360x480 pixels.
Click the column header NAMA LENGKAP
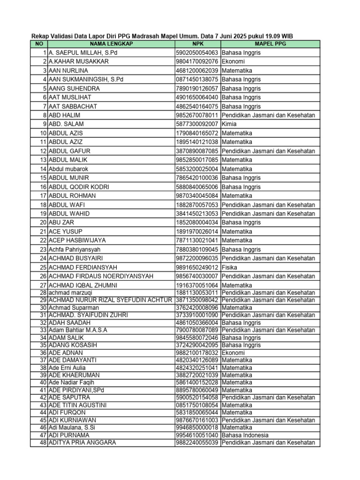111,44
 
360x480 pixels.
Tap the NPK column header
197,44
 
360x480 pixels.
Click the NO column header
39,44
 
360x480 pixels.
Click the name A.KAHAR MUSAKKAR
79,61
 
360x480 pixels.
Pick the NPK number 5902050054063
197,52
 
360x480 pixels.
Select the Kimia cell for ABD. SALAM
229,124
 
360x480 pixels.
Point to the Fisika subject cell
230,267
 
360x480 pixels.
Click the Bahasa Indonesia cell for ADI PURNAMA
244,435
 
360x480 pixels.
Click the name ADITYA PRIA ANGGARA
82,442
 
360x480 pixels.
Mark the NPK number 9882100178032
197,352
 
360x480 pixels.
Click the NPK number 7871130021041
197,240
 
